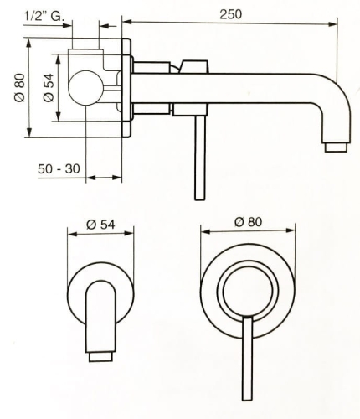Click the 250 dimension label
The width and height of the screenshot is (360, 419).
pyautogui.click(x=230, y=14)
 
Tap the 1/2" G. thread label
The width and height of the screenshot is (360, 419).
pyautogui.click(x=44, y=16)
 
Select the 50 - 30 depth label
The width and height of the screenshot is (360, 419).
pyautogui.click(x=59, y=168)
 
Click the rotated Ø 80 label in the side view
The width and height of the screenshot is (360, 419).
pyautogui.click(x=20, y=88)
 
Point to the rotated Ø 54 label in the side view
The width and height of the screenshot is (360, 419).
pyautogui.click(x=49, y=88)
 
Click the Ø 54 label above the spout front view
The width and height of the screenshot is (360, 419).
pyautogui.click(x=100, y=225)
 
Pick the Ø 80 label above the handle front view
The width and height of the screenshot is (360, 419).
pyautogui.click(x=248, y=222)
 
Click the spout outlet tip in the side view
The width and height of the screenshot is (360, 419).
pyautogui.click(x=336, y=147)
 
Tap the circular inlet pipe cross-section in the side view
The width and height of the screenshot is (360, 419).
pyautogui.click(x=86, y=88)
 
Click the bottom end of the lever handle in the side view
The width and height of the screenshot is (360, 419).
pyautogui.click(x=200, y=199)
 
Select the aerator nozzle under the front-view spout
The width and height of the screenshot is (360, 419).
pyautogui.click(x=100, y=357)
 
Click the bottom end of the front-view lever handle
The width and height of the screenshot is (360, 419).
pyautogui.click(x=248, y=400)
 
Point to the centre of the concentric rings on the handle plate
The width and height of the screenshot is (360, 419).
pyautogui.click(x=248, y=291)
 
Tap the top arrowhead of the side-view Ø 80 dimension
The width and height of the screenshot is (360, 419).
pyautogui.click(x=29, y=43)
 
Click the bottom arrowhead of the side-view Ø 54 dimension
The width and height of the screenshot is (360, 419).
pyautogui.click(x=59, y=116)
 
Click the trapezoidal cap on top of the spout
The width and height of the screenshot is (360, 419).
pyautogui.click(x=195, y=66)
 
